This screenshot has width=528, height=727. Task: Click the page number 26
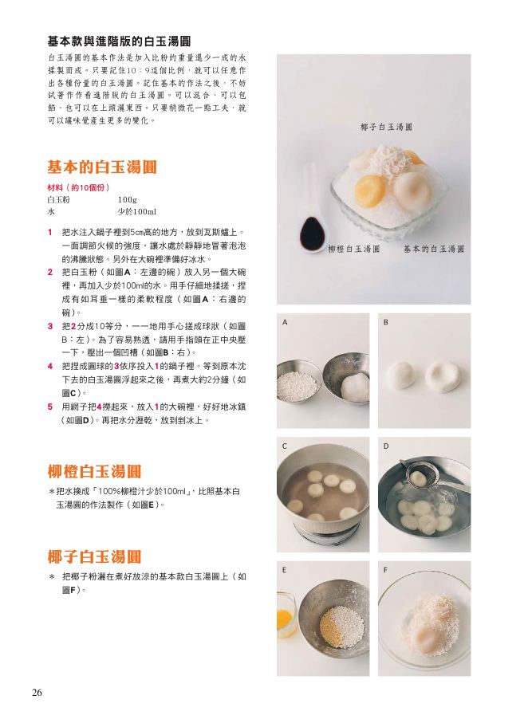[37, 693]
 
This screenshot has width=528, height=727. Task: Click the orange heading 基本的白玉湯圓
[102, 167]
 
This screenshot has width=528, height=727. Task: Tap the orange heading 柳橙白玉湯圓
[94, 472]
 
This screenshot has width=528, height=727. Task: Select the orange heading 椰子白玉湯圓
[94, 556]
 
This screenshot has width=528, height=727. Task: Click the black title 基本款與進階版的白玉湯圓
[120, 41]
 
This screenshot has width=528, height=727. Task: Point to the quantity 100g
[128, 200]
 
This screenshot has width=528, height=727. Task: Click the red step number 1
[50, 232]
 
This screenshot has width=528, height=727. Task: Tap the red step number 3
[50, 326]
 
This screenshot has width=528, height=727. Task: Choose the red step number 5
[50, 407]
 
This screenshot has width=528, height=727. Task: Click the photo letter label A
[285, 322]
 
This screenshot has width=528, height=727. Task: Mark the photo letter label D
[385, 446]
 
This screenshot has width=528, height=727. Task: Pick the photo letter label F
[385, 570]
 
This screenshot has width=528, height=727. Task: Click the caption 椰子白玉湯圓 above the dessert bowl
[386, 127]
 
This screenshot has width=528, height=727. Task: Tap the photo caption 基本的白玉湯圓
[434, 249]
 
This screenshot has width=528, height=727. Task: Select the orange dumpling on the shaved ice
[370, 191]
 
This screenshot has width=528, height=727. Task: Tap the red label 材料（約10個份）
[78, 188]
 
